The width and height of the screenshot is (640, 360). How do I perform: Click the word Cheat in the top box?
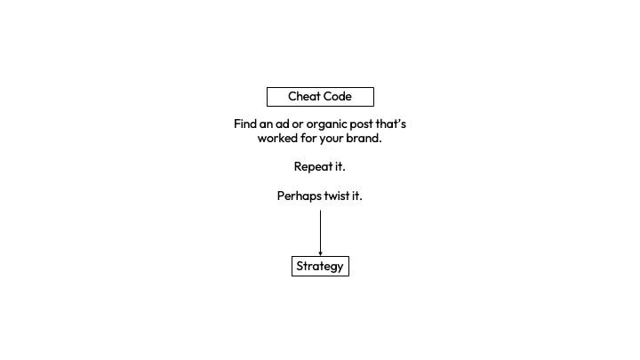(303, 96)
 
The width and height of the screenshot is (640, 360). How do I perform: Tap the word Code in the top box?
(337, 96)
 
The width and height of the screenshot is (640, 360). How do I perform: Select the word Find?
(245, 124)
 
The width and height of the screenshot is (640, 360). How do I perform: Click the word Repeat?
(312, 166)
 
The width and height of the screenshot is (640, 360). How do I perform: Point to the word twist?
(338, 196)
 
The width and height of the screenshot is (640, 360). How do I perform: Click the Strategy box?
(320, 266)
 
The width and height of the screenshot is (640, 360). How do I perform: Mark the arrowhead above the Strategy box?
(320, 253)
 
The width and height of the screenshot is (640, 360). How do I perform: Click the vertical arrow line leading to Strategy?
(320, 231)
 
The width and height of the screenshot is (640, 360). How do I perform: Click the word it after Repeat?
(340, 166)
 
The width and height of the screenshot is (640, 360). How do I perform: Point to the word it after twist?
(356, 196)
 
